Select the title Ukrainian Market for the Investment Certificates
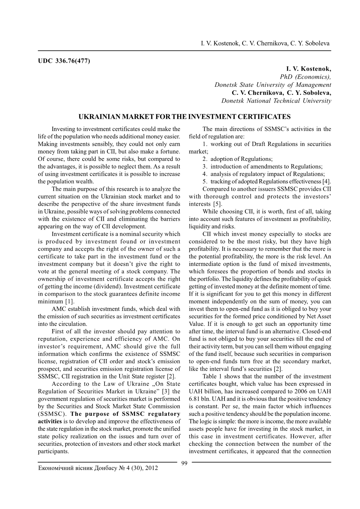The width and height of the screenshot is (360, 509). point(184,117)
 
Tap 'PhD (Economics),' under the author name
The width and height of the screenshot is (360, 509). point(305,77)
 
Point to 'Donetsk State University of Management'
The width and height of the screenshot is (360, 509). point(273,85)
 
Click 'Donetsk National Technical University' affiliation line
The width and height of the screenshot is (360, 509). point(276,101)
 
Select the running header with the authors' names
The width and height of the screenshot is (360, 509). point(265,43)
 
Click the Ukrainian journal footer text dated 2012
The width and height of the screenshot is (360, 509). point(98,468)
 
